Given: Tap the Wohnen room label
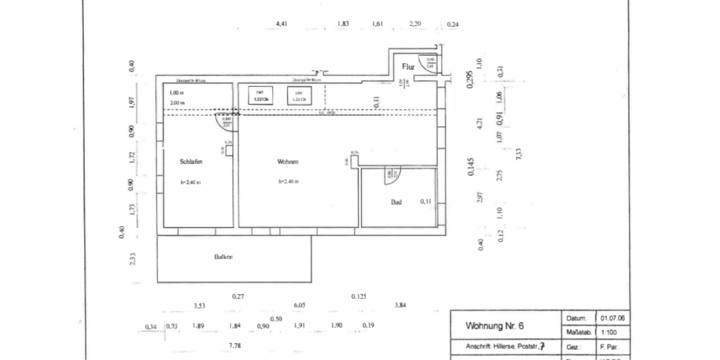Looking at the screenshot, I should click(x=287, y=161).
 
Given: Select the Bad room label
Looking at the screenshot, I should click(x=396, y=202).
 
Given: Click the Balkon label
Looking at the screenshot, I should click(x=223, y=257).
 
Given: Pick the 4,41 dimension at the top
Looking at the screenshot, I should click(x=281, y=24).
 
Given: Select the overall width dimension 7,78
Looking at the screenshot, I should click(x=236, y=345).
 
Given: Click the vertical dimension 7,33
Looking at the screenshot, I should click(x=518, y=154).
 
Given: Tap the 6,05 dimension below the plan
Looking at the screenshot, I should click(x=300, y=305).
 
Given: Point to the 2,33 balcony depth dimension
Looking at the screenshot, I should click(x=133, y=259).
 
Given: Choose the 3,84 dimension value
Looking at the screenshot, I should click(x=400, y=305).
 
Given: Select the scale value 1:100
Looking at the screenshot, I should click(x=608, y=332).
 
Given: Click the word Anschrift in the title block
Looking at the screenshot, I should click(x=479, y=346).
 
